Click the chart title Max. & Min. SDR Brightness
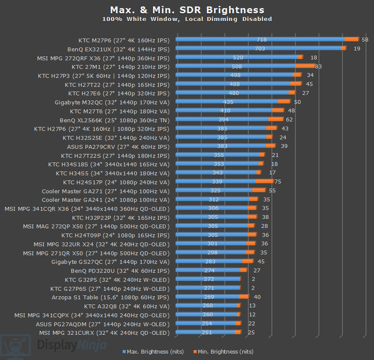[187, 10]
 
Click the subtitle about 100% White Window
[187, 19]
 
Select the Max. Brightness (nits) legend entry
[153, 351]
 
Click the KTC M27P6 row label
[124, 40]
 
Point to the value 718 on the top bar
[261, 40]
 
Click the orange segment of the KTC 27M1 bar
[305, 66]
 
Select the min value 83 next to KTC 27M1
[318, 66]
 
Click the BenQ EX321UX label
[118, 49]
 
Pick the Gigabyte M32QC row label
[112, 102]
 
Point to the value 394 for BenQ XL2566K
[224, 120]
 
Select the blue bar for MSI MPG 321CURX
[205, 332]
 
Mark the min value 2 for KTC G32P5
[253, 279]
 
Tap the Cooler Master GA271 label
[106, 191]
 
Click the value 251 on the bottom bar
[207, 332]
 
